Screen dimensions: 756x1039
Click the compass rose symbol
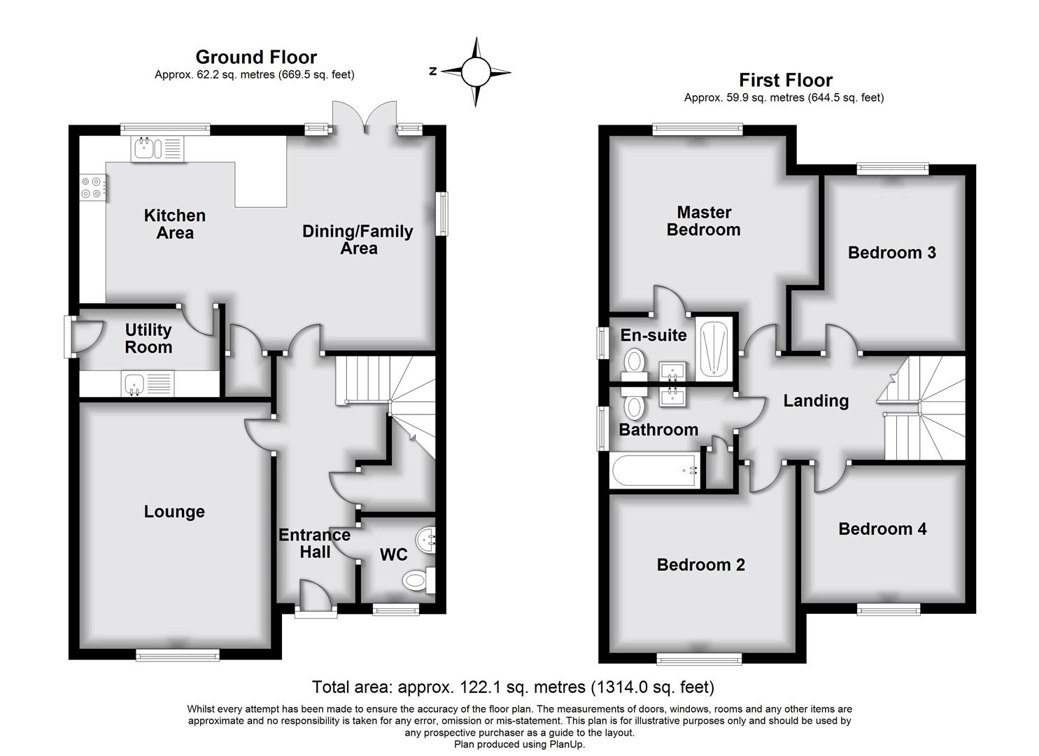476,71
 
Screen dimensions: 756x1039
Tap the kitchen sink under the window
157,149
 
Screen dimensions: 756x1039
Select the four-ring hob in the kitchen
93,187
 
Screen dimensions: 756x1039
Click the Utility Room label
148,339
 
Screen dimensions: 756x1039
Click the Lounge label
174,512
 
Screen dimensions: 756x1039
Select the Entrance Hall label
315,543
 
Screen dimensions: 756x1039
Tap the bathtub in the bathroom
655,471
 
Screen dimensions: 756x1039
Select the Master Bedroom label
703,220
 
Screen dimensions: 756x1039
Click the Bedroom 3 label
891,253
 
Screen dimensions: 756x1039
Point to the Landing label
816,400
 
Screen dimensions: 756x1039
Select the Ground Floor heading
256,57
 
